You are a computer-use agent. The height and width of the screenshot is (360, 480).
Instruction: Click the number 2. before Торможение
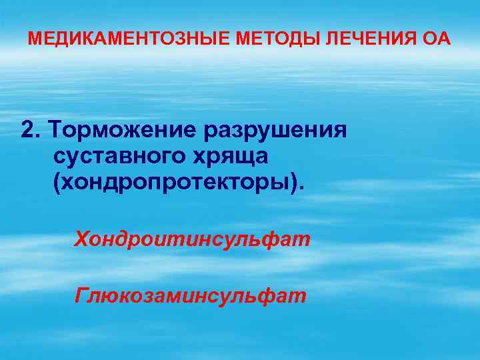click(29, 130)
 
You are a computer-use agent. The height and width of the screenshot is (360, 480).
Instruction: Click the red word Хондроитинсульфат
click(193, 238)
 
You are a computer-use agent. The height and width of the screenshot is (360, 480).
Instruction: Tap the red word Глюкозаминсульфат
click(191, 294)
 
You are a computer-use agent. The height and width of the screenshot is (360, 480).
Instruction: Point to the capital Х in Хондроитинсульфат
click(82, 238)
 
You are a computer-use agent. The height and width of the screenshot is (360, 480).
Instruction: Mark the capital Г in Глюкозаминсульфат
click(83, 294)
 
